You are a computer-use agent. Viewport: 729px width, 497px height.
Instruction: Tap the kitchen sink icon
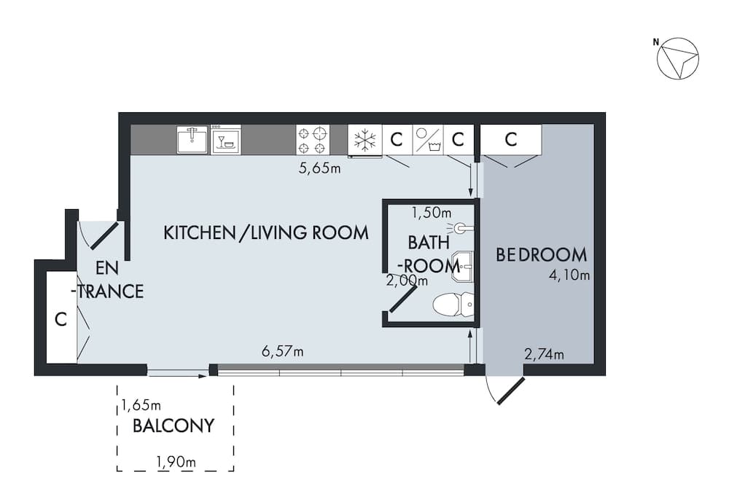[192, 139]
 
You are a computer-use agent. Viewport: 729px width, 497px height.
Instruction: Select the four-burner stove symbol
[312, 139]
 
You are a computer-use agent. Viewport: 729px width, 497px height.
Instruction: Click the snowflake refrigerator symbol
[364, 139]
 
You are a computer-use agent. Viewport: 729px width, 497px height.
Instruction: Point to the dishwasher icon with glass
[226, 139]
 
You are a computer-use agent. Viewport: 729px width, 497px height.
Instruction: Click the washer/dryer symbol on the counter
[428, 139]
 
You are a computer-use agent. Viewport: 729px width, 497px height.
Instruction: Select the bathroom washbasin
[462, 264]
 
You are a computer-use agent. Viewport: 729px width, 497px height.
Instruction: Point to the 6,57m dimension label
[282, 352]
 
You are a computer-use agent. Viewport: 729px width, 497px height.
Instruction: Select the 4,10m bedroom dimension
[570, 275]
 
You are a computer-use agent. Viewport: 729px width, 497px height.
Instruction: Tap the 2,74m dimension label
[544, 355]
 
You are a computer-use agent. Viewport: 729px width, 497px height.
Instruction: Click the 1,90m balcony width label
[176, 461]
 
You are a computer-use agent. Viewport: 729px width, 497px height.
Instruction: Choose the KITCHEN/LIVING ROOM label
[265, 233]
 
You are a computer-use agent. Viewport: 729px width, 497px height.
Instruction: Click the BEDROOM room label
[541, 255]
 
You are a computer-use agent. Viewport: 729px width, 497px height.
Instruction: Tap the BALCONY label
[174, 426]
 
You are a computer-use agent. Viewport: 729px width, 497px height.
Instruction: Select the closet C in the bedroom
[511, 139]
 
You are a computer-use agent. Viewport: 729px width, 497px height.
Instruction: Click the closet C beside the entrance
[61, 318]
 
